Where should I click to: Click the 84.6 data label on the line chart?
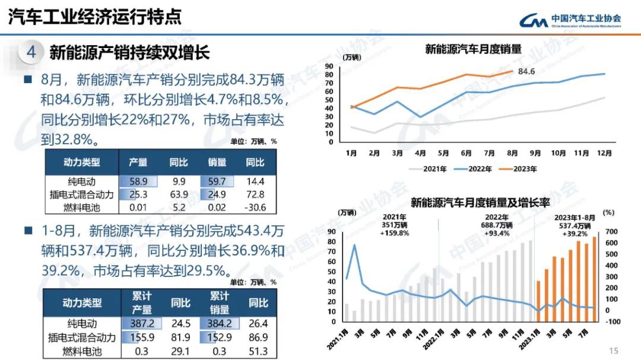(x=526, y=72)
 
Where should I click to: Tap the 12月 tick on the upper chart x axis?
(x=604, y=153)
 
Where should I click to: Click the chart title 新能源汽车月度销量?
(x=473, y=49)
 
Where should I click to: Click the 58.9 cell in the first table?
(x=138, y=181)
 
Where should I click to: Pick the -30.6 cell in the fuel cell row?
(x=256, y=208)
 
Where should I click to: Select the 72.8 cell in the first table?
(x=256, y=195)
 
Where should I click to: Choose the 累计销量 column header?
(x=219, y=302)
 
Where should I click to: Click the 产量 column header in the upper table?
(x=138, y=162)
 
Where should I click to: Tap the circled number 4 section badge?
(x=31, y=52)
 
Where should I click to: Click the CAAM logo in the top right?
(x=570, y=21)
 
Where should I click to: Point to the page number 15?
(x=614, y=350)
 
